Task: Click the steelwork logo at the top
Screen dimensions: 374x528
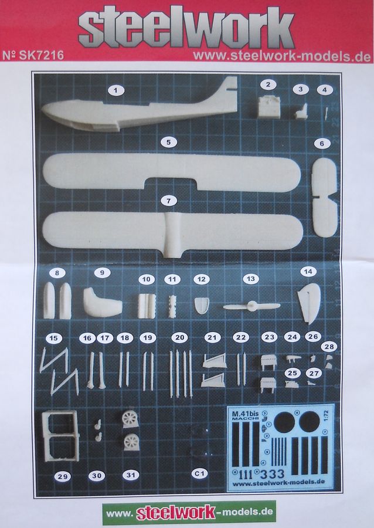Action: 186,27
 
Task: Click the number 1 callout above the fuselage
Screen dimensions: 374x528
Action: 116,90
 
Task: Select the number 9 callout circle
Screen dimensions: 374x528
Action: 102,272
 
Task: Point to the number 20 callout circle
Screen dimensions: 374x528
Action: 180,337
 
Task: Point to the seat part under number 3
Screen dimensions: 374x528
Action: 301,110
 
